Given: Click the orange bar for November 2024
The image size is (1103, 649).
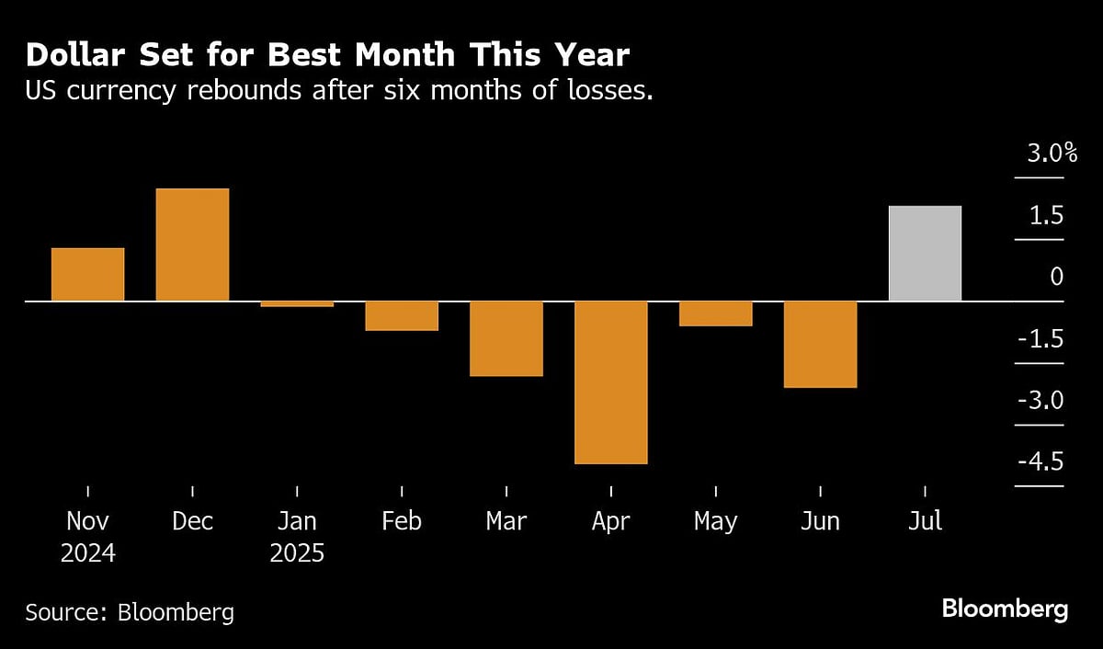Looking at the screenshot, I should (87, 274).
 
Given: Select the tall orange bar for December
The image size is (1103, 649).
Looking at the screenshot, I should (192, 245).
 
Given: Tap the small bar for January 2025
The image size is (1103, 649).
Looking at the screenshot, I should (297, 303).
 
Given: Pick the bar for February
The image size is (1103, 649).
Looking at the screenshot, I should (402, 315).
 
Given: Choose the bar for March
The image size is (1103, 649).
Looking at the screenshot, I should (506, 338).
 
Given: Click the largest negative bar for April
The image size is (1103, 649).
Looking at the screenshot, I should (611, 382).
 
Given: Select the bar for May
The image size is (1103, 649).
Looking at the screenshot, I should (716, 313).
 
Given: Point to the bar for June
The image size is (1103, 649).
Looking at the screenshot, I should (821, 344).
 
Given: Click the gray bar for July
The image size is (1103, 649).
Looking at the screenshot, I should (926, 253).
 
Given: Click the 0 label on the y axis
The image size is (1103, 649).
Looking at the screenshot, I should (1056, 277).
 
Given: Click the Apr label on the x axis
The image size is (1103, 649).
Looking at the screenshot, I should (611, 521).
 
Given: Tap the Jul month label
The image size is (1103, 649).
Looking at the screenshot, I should (926, 521).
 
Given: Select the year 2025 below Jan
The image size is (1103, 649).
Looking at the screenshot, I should (297, 554).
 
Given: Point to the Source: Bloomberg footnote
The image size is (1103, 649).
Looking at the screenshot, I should (130, 611).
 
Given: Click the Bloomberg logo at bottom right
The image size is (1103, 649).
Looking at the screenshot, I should (1005, 609).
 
